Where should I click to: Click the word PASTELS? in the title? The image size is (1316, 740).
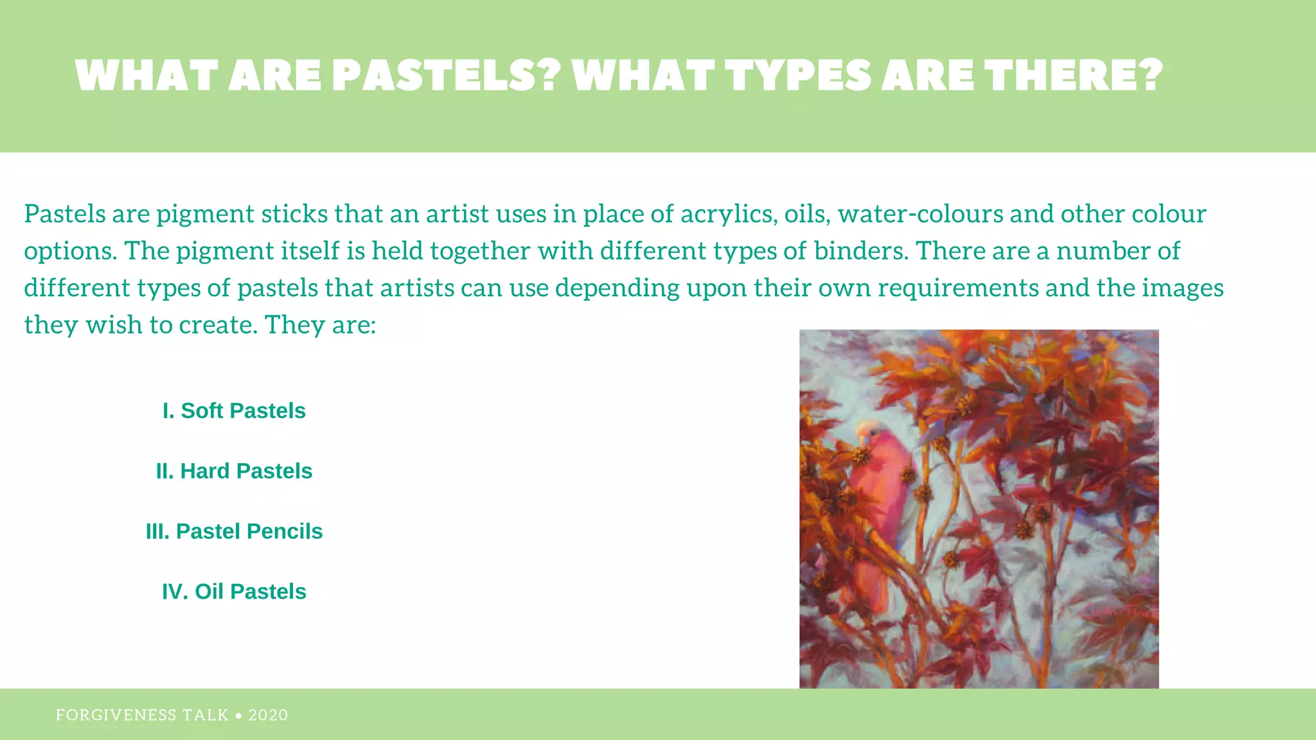coord(447,76)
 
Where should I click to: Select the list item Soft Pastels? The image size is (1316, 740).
coord(234,410)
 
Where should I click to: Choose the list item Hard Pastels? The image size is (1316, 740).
coord(234,471)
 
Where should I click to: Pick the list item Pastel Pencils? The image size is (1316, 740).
coord(234,531)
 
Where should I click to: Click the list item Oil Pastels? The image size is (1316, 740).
coord(234,592)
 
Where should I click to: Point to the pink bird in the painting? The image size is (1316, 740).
coord(877,501)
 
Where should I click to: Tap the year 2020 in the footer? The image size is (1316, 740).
coord(268,715)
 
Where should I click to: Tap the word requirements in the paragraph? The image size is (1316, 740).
coord(958,288)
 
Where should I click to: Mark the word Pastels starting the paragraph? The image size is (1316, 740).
coord(65,214)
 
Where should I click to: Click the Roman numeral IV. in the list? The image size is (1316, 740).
coord(175,592)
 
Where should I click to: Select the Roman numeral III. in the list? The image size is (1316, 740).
coord(157,531)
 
